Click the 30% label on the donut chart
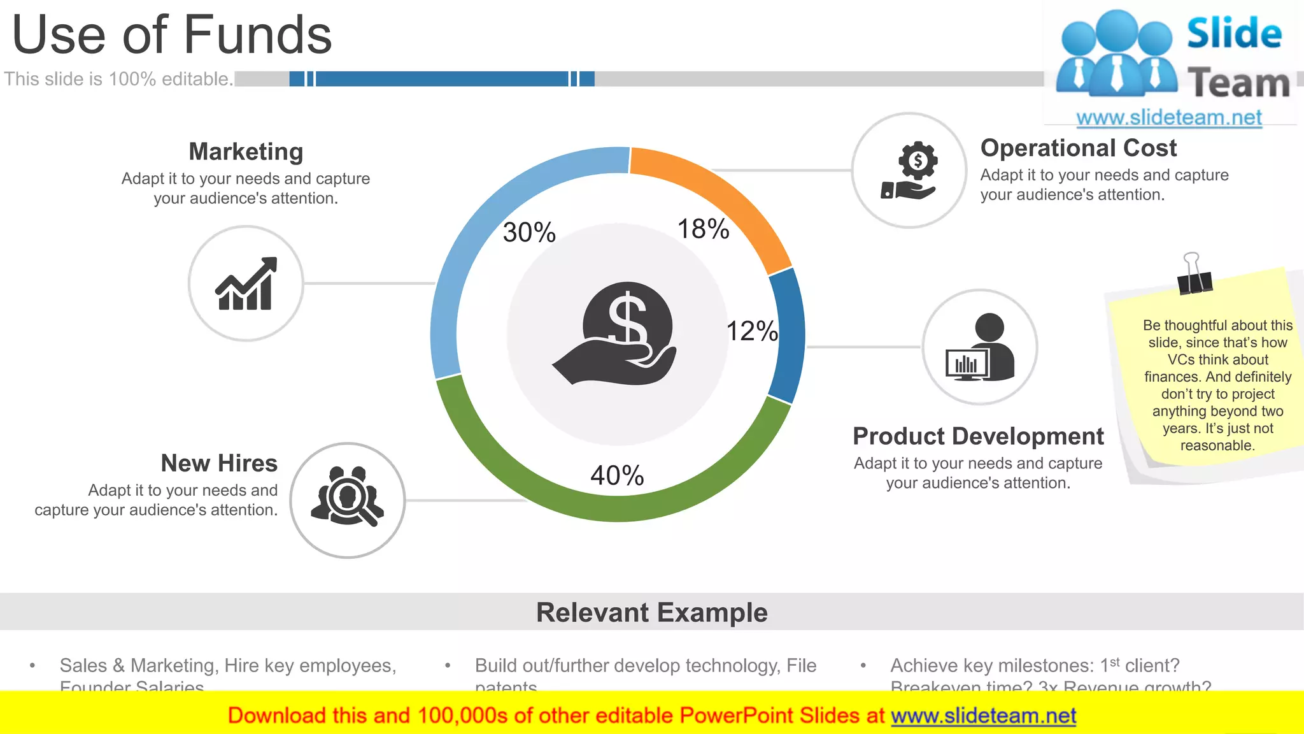point(529,232)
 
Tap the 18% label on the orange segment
point(703,229)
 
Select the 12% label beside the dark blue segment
point(752,331)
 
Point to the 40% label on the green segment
point(617,475)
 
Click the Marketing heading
point(246,152)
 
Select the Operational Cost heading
point(1078,148)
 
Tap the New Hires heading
point(219,463)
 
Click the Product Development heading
point(978,436)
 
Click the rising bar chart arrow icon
point(246,284)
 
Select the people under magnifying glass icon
point(348,496)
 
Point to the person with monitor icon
point(980,348)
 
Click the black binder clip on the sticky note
point(1194,276)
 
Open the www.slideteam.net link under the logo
point(1169,117)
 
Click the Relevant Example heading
point(651,612)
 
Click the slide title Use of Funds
point(172,34)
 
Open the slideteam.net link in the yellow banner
point(983,716)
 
